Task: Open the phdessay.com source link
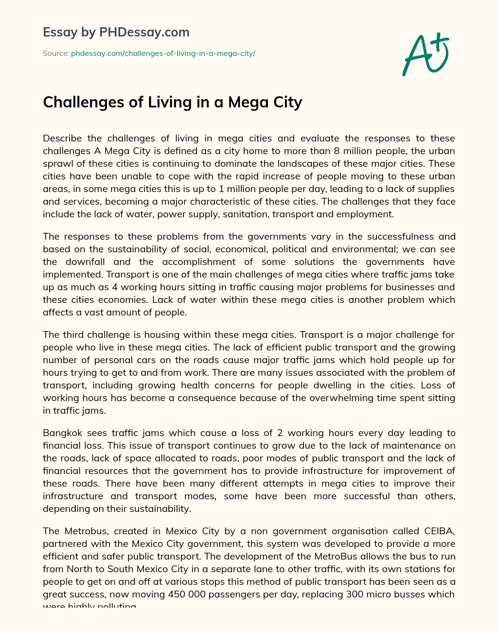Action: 163,53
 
